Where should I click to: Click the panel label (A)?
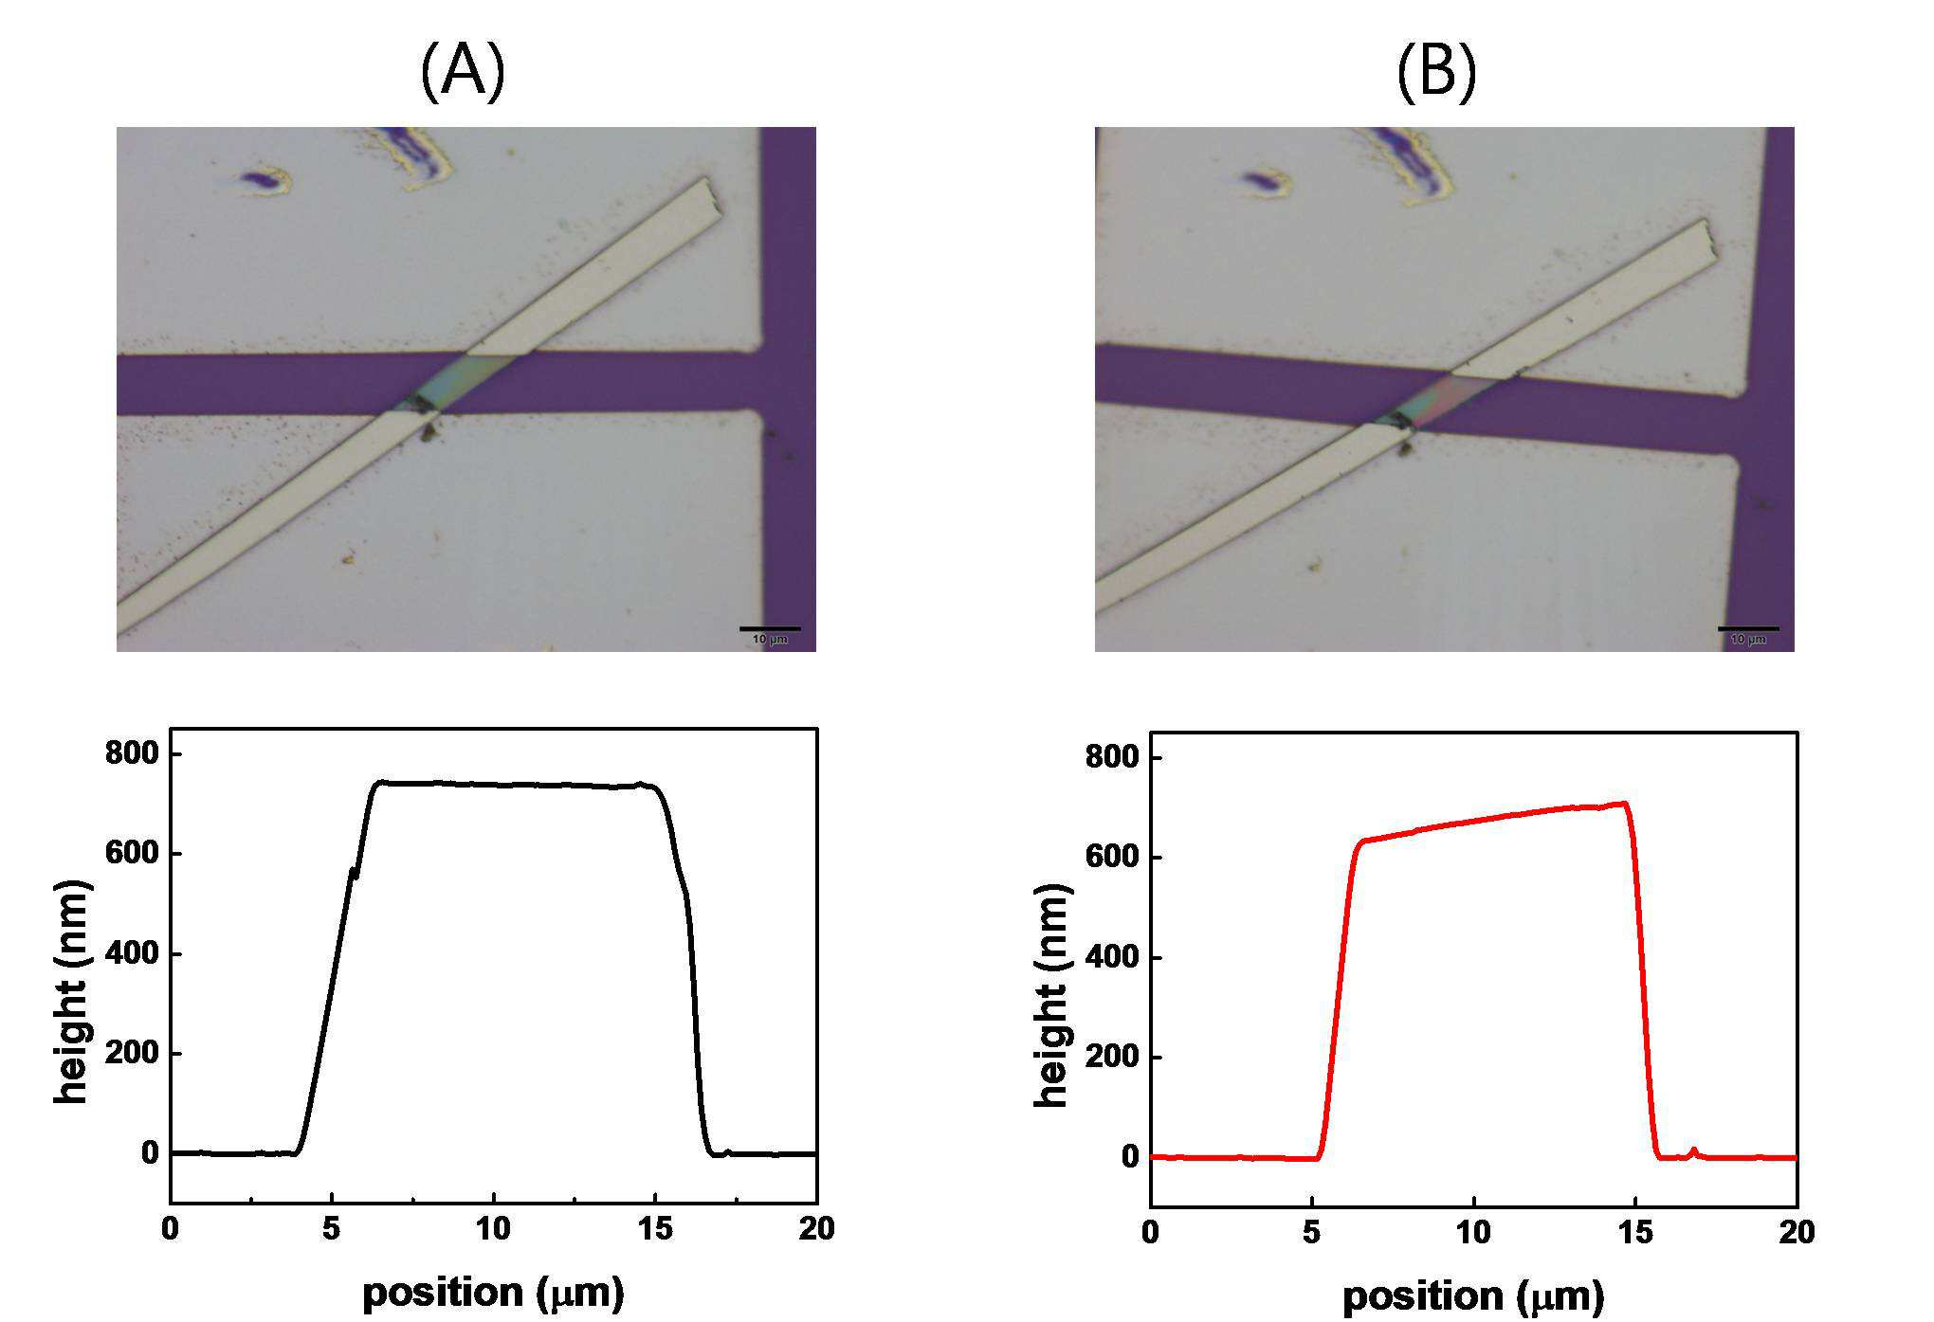click(x=463, y=72)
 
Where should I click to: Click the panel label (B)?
click(x=1436, y=72)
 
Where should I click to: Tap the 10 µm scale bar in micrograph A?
click(x=770, y=628)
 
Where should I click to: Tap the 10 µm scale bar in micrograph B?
click(x=1748, y=628)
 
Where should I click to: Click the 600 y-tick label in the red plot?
click(x=1112, y=859)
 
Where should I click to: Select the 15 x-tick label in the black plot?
click(x=655, y=1230)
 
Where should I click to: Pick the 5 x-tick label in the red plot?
click(x=1311, y=1233)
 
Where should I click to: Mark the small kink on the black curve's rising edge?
click(x=354, y=873)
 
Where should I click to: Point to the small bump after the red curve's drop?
click(x=1693, y=1152)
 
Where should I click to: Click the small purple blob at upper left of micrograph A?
click(x=261, y=178)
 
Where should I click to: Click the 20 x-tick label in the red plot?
click(x=1795, y=1233)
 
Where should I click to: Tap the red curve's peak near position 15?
click(x=1625, y=804)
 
